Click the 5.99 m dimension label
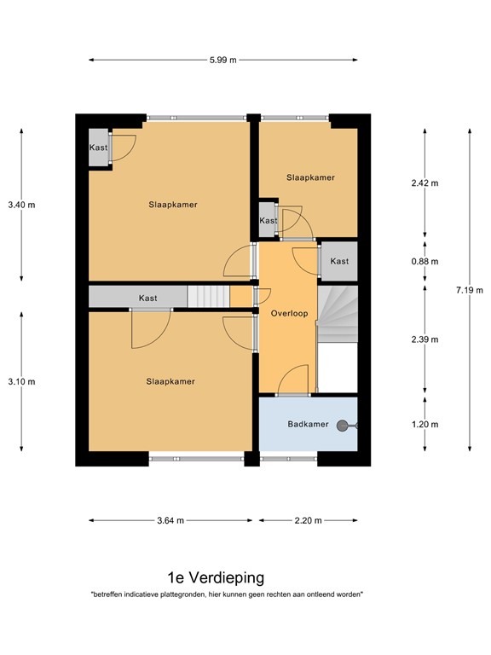pos(223,60)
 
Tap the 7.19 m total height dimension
pos(468,290)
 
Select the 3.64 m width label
pos(170,520)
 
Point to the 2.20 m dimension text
pos(309,520)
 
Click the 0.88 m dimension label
pos(425,262)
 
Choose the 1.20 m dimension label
pos(425,425)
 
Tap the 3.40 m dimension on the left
pos(21,205)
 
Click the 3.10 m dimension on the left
pos(21,381)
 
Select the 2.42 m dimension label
pos(425,183)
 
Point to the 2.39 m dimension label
pos(425,339)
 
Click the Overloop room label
pos(289,313)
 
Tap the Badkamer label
pos(304,424)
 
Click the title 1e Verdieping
pos(216,577)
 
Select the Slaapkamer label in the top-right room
pos(310,177)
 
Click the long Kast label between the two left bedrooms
pos(148,298)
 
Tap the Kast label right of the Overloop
pos(339,261)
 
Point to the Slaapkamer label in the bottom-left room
pos(170,381)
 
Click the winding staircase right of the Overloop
pos(338,313)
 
